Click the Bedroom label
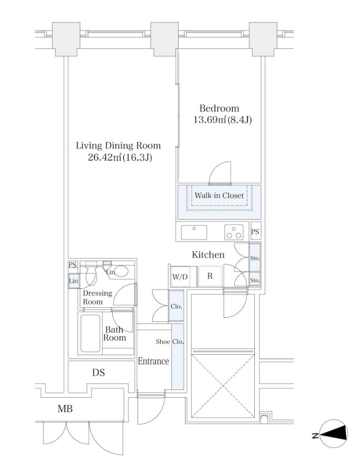click(x=219, y=108)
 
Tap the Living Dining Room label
click(x=118, y=146)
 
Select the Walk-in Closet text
click(x=219, y=196)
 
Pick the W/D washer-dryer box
click(x=180, y=277)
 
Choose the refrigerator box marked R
click(x=210, y=276)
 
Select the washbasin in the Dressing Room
click(x=121, y=271)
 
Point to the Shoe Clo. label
click(x=170, y=342)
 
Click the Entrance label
click(x=153, y=361)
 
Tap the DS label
click(x=99, y=373)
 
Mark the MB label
click(x=65, y=409)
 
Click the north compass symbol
click(x=334, y=435)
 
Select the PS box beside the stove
click(x=255, y=232)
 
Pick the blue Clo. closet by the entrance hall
click(x=176, y=306)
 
